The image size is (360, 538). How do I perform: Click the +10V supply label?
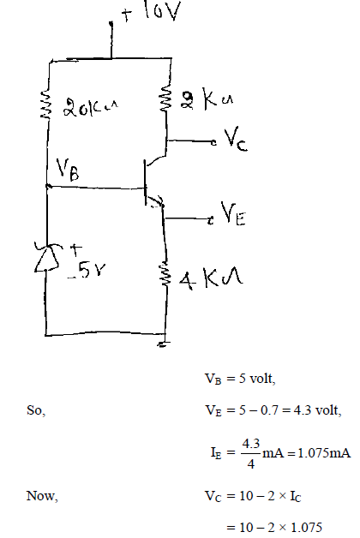pyautogui.click(x=151, y=12)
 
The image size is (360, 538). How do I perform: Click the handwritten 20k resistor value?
pyautogui.click(x=90, y=107)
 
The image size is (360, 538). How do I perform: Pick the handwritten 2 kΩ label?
pyautogui.click(x=207, y=99)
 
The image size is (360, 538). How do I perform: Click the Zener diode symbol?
pyautogui.click(x=47, y=257)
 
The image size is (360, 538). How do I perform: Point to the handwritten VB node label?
pyautogui.click(x=68, y=169)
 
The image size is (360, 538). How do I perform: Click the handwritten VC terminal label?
pyautogui.click(x=236, y=139)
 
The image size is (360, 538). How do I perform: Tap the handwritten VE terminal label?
pyautogui.click(x=233, y=213)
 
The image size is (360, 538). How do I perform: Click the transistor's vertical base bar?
pyautogui.click(x=146, y=182)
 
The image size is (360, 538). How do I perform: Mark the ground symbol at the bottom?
pyautogui.click(x=164, y=344)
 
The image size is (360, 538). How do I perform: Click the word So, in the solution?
pyautogui.click(x=36, y=410)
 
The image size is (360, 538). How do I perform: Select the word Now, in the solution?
pyautogui.click(x=42, y=496)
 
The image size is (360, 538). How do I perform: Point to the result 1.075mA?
pyautogui.click(x=324, y=453)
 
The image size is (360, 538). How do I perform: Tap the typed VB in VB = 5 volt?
pyautogui.click(x=213, y=379)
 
